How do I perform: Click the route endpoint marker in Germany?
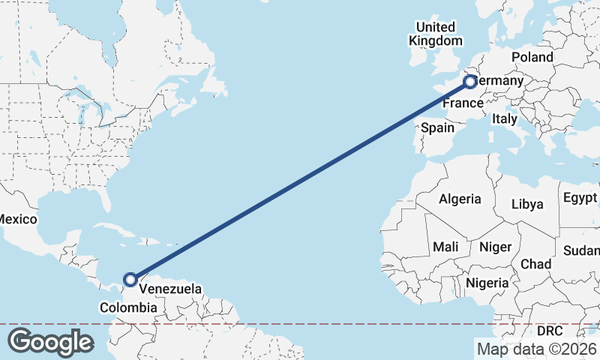469,81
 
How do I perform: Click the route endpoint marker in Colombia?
130,280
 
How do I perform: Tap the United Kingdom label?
435,33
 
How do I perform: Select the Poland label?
532,57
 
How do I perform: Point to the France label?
460,105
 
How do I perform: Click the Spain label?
437,127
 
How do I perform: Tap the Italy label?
504,118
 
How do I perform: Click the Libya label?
527,204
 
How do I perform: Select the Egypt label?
580,199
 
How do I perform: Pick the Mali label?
445,247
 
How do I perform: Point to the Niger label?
495,247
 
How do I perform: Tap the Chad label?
535,264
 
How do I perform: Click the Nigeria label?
487,283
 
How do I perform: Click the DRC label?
550,331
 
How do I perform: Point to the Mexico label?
16,219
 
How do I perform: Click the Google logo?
50,342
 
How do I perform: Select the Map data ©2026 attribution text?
537,349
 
